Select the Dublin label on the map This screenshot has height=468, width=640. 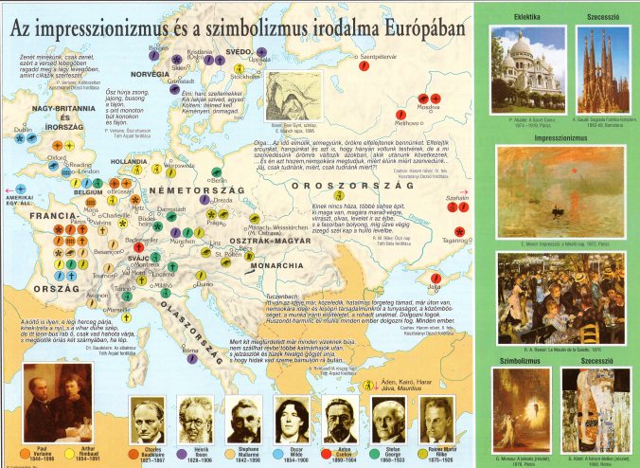point(24,128)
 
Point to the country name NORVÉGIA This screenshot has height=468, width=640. point(151,74)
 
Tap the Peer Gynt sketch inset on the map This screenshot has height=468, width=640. point(291,94)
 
